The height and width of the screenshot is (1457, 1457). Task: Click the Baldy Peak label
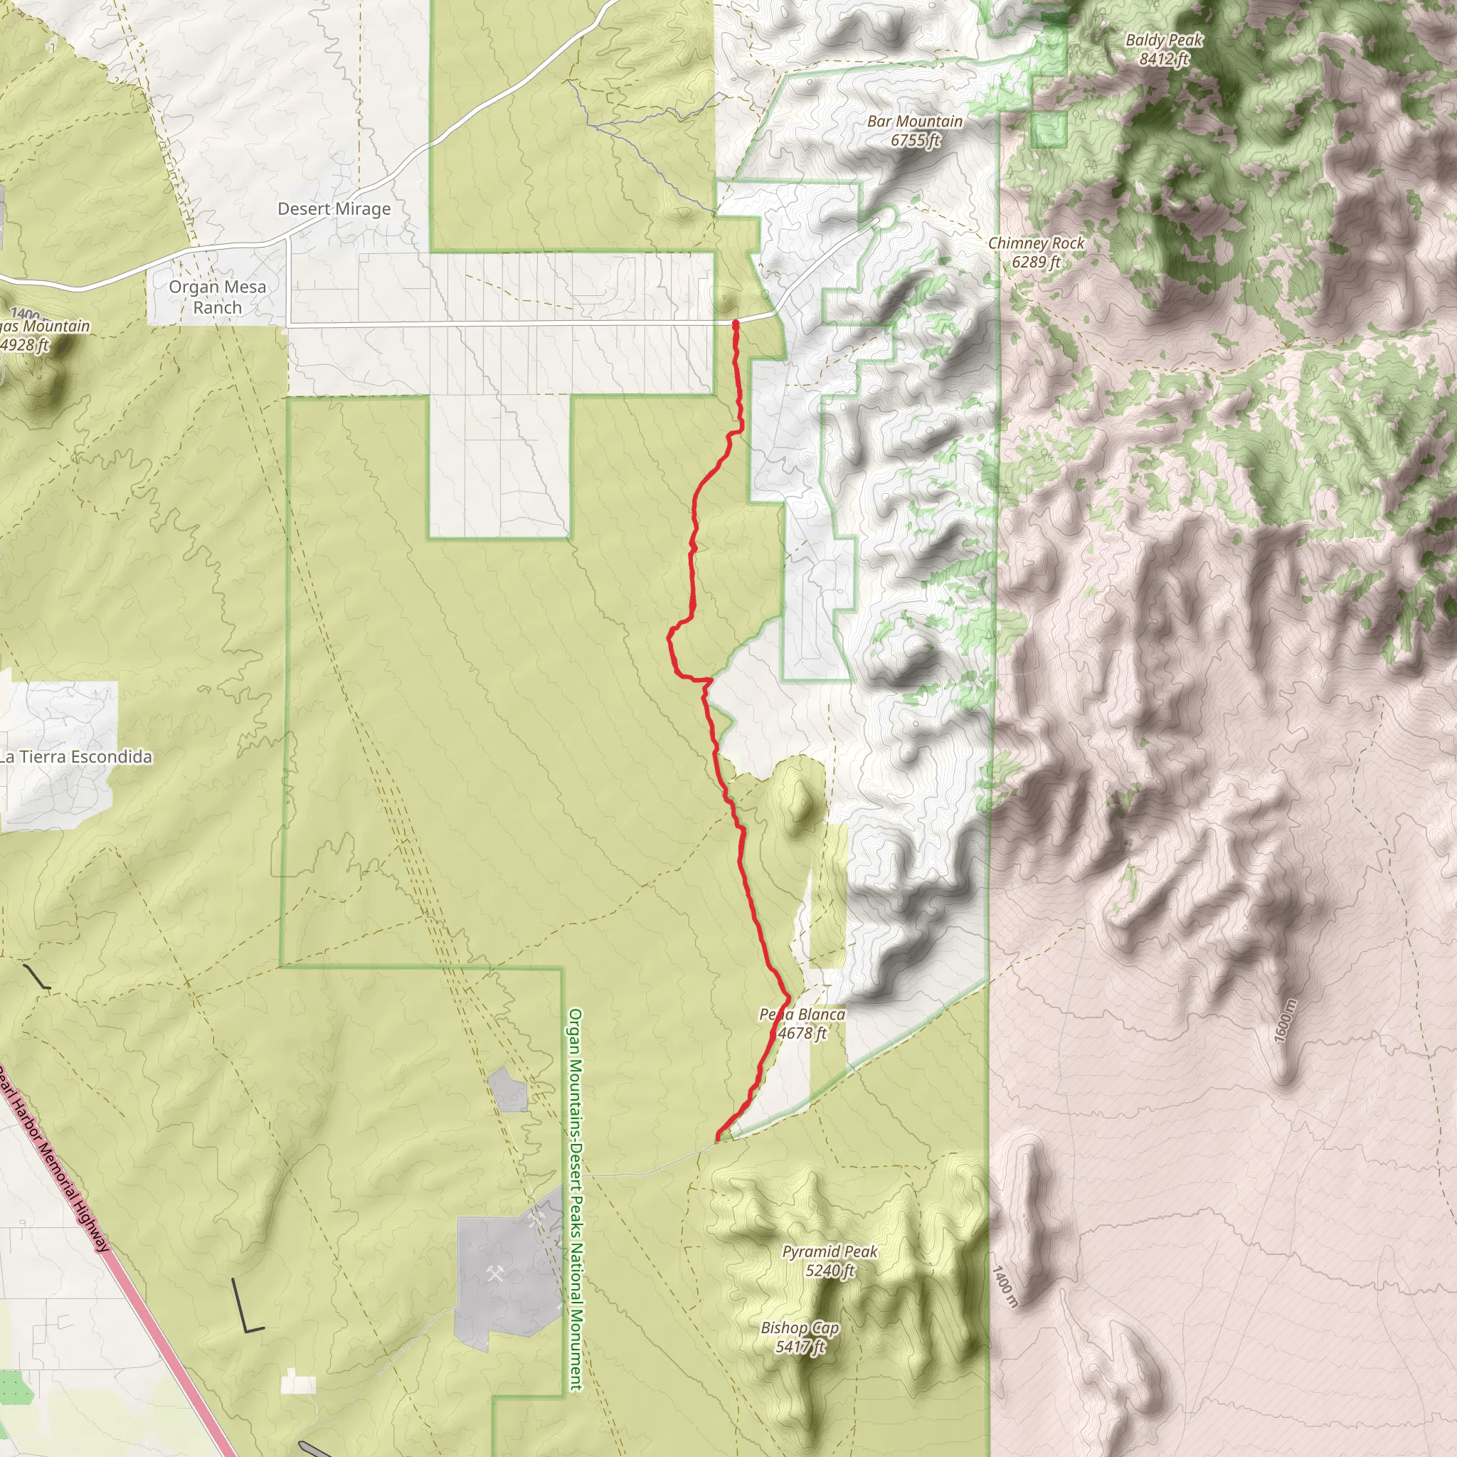coord(1165,40)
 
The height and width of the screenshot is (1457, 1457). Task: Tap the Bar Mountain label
coord(915,122)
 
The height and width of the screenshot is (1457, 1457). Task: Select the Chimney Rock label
coord(1036,243)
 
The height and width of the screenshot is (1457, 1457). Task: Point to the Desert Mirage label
coord(334,209)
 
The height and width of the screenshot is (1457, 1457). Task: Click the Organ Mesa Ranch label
coord(217,297)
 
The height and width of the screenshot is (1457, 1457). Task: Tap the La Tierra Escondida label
coord(75,756)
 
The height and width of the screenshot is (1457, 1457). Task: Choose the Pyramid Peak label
coord(830,1252)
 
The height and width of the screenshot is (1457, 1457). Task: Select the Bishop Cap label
coord(800,1328)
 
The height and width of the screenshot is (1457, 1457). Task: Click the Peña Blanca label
coord(802,1014)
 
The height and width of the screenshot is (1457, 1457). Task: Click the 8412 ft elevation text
coord(1165,59)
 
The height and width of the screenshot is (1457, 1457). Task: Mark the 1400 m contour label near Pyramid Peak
coord(1005,1287)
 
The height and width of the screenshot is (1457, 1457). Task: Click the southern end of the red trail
coord(717,1138)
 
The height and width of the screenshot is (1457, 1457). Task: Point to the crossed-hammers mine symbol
coord(495,1273)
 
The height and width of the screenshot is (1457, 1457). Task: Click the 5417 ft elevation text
coord(800,1347)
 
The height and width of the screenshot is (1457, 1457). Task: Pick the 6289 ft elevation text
coord(1036,263)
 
